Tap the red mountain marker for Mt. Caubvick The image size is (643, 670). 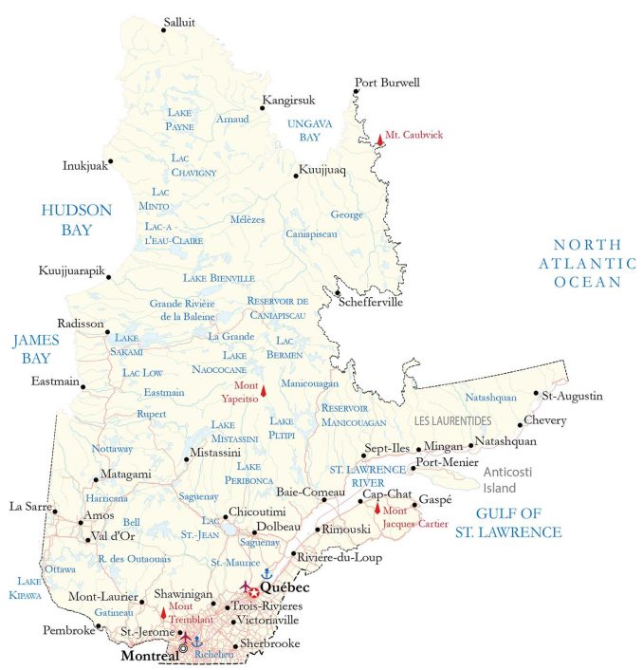click(380, 140)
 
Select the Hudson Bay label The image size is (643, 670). click(76, 219)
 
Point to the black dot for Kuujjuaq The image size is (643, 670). click(296, 176)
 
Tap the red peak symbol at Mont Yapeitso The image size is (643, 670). click(264, 390)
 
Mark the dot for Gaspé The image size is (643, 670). click(415, 504)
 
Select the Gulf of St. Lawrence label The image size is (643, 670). click(508, 523)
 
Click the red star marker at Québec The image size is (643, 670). click(254, 592)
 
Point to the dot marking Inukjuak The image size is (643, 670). click(110, 161)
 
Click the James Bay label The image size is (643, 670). click(36, 348)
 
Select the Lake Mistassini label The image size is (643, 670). click(236, 431)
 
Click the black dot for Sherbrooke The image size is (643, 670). click(236, 645)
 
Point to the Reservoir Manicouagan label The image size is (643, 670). click(354, 415)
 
